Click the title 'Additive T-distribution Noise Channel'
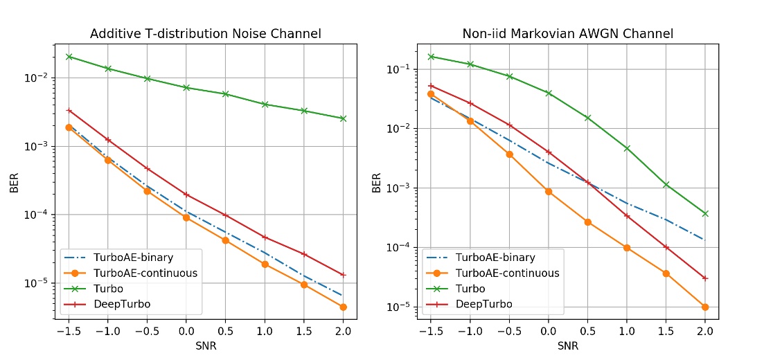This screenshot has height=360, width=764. pos(206,33)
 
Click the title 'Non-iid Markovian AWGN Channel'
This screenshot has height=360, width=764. pos(567,33)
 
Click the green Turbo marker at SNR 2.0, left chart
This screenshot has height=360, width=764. pos(344,118)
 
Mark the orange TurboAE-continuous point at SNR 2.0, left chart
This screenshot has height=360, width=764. pos(344,307)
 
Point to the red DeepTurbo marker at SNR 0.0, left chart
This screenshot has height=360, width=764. pos(187,195)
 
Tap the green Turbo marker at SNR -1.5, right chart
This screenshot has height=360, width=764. pos(431,57)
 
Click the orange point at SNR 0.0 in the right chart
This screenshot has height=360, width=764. pos(549,191)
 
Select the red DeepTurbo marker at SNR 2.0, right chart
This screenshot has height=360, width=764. pos(705,278)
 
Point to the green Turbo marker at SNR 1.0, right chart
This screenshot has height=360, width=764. pos(627,148)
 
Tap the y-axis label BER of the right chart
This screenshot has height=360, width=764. pos(376,182)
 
